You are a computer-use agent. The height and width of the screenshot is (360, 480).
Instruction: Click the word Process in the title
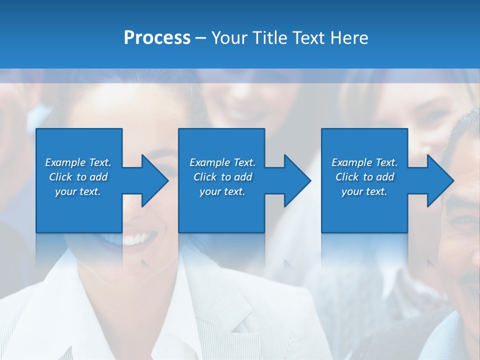click(x=157, y=38)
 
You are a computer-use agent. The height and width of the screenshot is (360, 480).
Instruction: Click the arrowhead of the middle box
click(x=296, y=180)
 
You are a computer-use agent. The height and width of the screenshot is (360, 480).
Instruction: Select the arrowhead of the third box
click(x=439, y=180)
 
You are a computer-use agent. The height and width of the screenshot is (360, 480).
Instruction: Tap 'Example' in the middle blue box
click(x=209, y=162)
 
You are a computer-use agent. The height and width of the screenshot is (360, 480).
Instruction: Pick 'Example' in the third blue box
click(x=351, y=162)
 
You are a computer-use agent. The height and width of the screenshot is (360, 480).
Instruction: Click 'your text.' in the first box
click(x=78, y=191)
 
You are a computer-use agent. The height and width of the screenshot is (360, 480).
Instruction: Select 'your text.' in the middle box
click(x=222, y=191)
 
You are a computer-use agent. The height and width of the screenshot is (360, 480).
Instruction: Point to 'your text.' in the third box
click(x=364, y=191)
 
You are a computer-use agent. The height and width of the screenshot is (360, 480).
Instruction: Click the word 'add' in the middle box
click(x=243, y=177)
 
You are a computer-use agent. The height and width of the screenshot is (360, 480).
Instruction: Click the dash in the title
click(x=201, y=38)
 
